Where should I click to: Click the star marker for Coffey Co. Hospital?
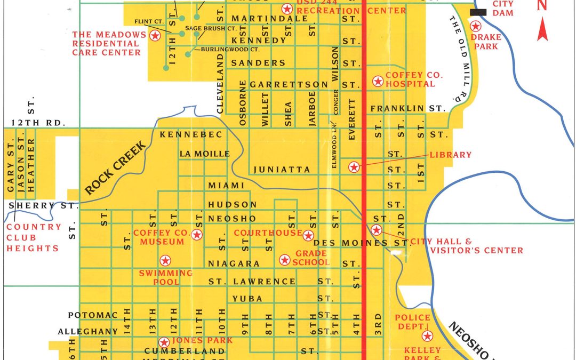[378, 81]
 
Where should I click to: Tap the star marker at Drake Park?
[474, 26]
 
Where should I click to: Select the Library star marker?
[353, 167]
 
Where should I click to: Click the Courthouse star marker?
[308, 236]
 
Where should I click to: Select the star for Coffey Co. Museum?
[197, 235]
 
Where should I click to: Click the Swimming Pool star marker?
[165, 260]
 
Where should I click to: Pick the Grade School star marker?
[285, 260]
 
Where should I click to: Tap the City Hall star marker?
[376, 230]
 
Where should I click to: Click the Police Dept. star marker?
[427, 336]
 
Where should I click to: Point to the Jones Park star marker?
[164, 342]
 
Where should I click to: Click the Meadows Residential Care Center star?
[155, 36]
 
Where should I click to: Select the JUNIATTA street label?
[282, 170]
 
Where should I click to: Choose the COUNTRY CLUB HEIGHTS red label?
[34, 237]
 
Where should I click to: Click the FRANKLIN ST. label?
[407, 108]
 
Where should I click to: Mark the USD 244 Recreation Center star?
[287, 9]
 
